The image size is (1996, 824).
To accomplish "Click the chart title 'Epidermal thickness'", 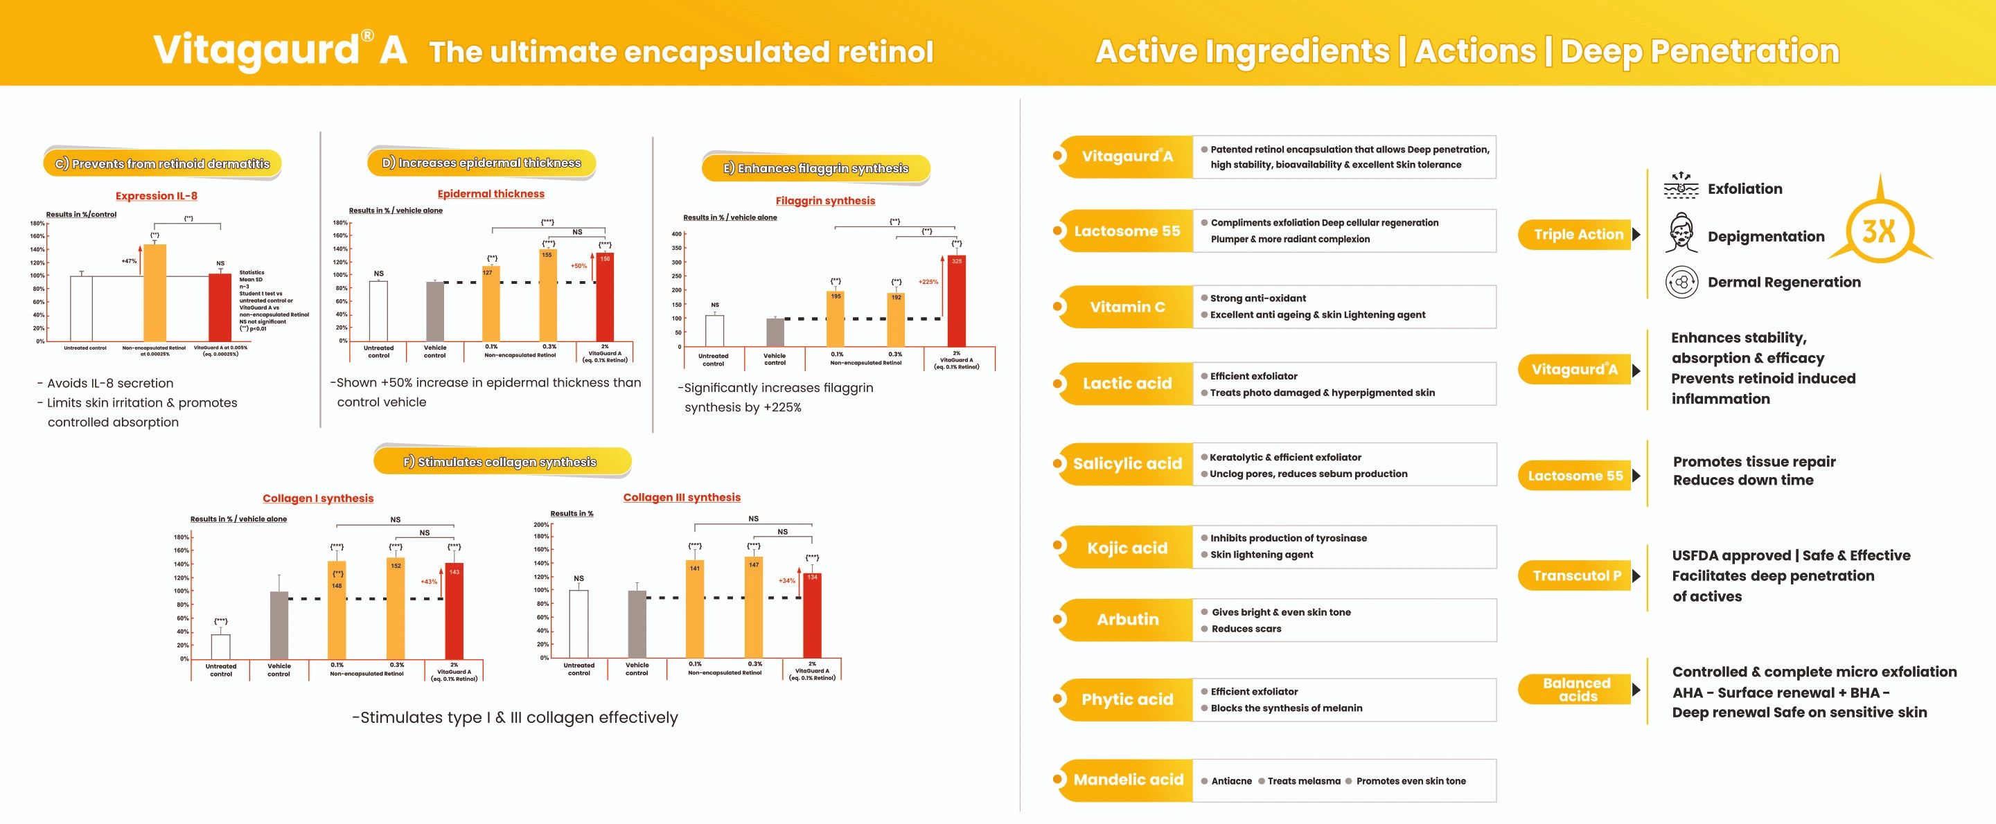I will [491, 194].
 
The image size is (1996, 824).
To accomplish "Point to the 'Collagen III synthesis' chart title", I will [682, 497].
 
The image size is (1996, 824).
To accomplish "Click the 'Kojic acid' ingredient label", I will [1127, 548].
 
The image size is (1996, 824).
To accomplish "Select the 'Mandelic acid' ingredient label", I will [1128, 780].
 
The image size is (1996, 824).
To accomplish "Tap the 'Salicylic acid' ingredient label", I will [1127, 464].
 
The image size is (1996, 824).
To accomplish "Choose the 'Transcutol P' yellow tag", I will [1577, 575].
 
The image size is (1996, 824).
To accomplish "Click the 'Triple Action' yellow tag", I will [1578, 234].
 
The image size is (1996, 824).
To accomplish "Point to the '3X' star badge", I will [1879, 230].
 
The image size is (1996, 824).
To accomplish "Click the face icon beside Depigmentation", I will [1681, 235].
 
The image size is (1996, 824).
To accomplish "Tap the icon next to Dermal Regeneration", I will [1681, 282].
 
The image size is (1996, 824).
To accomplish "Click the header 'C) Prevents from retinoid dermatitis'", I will [163, 163].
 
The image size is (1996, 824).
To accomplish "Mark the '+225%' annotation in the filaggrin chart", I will [928, 282].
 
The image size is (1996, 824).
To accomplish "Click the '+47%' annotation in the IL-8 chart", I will [129, 261].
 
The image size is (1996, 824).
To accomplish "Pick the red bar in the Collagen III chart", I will [812, 616].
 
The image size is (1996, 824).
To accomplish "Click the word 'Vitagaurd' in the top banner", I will [256, 50].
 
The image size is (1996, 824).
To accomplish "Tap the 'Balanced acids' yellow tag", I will [1577, 689].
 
